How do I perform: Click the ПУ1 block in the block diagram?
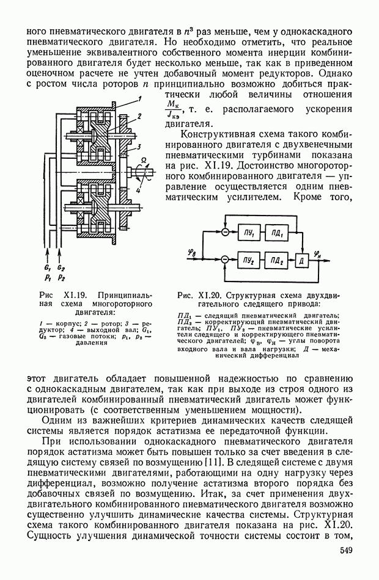click(251, 233)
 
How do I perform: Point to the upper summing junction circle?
click(225, 233)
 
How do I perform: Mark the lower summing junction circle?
click(225, 261)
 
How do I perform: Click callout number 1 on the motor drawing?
click(140, 98)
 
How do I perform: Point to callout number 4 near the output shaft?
click(140, 190)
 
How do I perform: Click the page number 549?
click(347, 552)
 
